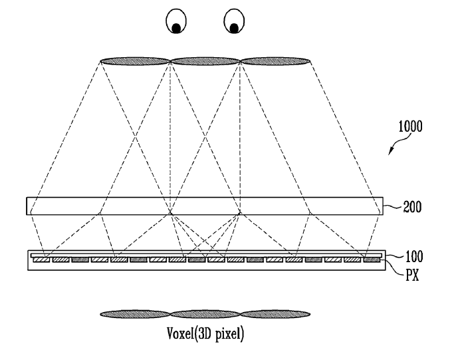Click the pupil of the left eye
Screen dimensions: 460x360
coord(176,28)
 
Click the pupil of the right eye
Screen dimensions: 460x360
coord(234,28)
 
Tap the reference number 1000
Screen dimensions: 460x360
coord(410,126)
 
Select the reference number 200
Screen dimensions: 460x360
coord(412,207)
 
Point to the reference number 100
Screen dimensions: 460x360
coord(414,256)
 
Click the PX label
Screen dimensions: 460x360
coord(413,275)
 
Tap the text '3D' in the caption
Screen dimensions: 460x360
coord(205,333)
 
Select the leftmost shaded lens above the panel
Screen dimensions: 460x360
coord(135,61)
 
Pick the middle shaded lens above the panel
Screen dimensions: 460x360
coord(205,61)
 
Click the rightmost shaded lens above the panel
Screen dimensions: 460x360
coord(275,61)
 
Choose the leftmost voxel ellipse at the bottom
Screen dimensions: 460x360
coord(135,314)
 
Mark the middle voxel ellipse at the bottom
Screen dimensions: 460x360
coord(205,314)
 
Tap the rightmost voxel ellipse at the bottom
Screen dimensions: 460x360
coord(275,314)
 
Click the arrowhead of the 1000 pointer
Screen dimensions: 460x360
coord(390,152)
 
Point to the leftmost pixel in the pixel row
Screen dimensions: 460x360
coord(41,260)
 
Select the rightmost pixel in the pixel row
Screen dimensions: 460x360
coord(372,260)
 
